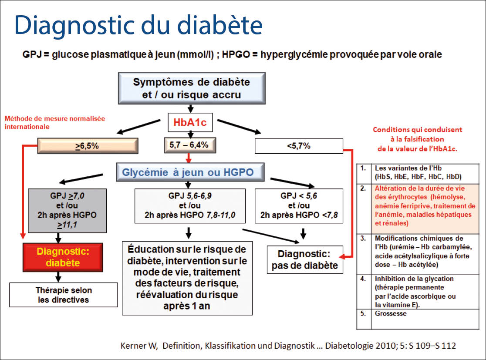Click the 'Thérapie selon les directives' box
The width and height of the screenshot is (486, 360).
click(64, 295)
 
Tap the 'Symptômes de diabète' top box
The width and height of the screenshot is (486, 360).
click(191, 88)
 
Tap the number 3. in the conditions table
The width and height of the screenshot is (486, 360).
click(362, 239)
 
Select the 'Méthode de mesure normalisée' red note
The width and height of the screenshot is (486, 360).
click(54, 122)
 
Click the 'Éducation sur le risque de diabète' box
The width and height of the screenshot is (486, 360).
click(187, 277)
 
